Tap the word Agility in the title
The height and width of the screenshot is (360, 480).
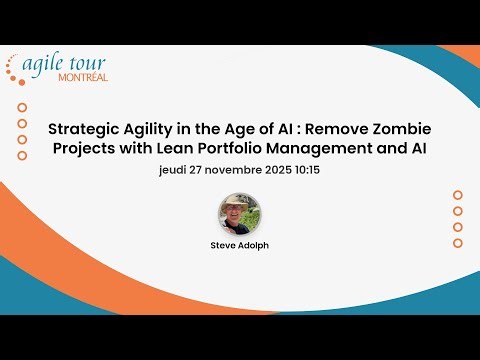pos(150,130)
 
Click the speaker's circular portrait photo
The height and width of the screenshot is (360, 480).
pos(240,213)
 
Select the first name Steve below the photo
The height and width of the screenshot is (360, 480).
pos(225,244)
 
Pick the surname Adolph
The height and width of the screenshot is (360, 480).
pos(254,244)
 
